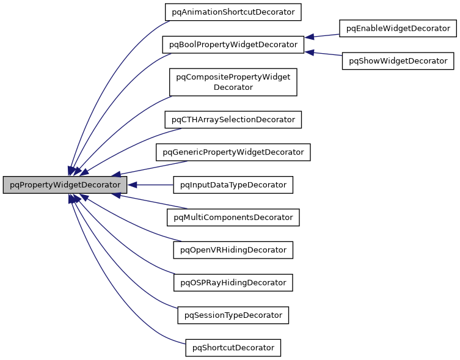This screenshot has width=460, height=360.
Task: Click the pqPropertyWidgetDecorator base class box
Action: point(65,185)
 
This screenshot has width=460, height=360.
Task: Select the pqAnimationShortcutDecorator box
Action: point(234,12)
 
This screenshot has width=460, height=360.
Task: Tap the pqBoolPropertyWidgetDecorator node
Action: point(233,44)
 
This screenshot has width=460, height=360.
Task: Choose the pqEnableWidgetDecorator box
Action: point(398,28)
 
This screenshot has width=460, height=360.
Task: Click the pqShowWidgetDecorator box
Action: point(398,61)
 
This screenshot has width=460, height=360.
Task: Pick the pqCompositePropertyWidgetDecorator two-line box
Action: point(233,82)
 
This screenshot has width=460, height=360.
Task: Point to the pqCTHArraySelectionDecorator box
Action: point(233,119)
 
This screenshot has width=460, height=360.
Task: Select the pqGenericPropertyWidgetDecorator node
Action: point(233,152)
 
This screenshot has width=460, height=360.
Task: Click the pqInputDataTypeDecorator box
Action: point(233,185)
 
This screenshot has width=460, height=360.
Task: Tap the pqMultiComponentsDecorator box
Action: point(233,217)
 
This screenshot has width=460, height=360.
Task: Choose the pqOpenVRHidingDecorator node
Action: point(233,250)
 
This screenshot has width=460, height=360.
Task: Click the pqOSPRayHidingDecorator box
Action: point(233,282)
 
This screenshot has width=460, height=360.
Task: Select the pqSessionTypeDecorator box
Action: point(233,315)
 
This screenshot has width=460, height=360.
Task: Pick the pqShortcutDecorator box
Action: point(233,348)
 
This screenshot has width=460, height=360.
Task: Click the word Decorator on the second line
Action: point(233,87)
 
